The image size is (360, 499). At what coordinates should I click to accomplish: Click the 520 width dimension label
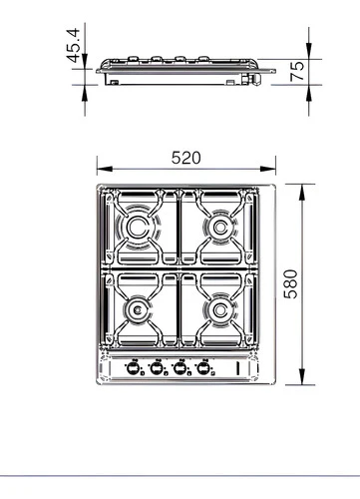(186, 158)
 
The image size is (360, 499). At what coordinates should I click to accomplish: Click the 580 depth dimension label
(291, 284)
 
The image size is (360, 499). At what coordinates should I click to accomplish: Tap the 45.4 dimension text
(74, 46)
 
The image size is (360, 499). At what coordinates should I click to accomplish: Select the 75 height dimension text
(297, 71)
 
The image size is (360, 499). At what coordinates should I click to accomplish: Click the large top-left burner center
(137, 227)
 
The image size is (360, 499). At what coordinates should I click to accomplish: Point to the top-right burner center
(219, 228)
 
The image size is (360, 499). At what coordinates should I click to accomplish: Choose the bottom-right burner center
(219, 310)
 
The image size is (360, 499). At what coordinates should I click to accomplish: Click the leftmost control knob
(133, 367)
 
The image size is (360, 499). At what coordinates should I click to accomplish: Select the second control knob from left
(157, 367)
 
